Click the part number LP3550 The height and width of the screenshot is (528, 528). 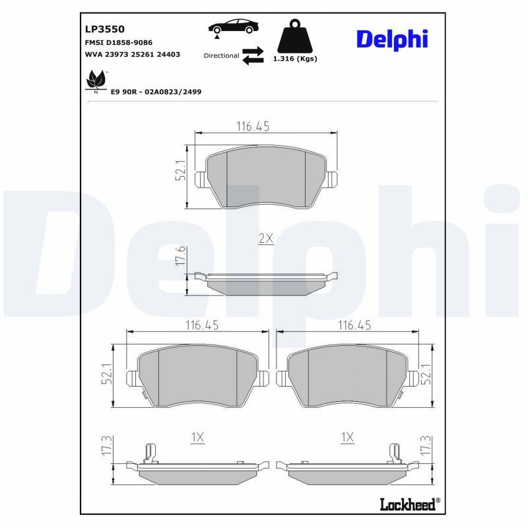coord(105,29)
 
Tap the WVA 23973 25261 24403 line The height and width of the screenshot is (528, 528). coord(133,54)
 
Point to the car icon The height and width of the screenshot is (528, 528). coord(234,27)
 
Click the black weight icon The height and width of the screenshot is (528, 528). coord(294,38)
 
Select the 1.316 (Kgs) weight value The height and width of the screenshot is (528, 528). coord(295,59)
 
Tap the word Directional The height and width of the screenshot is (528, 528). coord(221,55)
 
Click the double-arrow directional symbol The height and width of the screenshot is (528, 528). coord(253,55)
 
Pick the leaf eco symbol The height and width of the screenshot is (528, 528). coord(96,82)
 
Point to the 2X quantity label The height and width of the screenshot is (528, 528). coord(265,239)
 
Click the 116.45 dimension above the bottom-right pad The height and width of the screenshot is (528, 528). coord(354,324)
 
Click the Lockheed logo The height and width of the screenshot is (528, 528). coord(409,505)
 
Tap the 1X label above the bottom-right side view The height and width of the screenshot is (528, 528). coord(348,437)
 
